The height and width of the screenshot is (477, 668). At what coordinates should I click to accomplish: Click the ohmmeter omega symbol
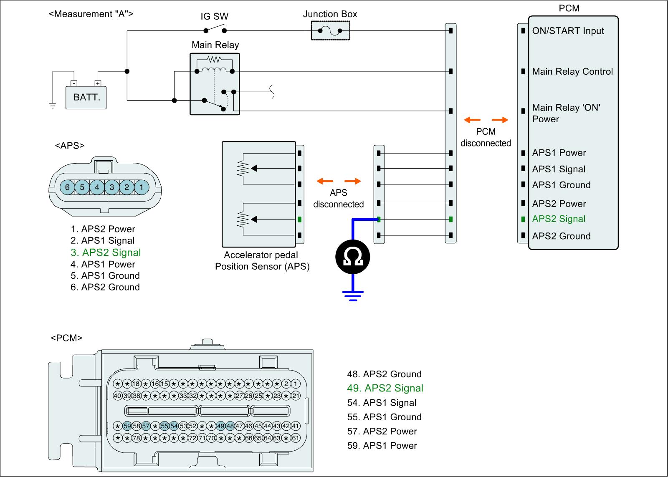[353, 257]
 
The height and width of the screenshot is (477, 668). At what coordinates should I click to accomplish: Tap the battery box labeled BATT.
[86, 97]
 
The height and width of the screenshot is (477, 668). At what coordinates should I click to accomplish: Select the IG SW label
[215, 16]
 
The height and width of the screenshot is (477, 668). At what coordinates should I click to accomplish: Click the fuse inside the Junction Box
[330, 30]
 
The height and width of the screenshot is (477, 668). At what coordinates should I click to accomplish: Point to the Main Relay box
[215, 83]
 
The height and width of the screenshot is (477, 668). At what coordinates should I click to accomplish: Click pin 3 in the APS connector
[112, 187]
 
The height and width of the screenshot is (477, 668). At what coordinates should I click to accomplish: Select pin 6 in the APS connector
[67, 187]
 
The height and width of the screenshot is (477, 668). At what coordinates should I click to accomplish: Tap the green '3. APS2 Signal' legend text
[106, 252]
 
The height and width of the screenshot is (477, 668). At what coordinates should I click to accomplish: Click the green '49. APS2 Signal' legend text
[385, 388]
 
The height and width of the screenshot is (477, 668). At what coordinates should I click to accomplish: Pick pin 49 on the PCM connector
[221, 426]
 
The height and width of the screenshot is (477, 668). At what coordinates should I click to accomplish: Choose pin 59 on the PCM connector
[127, 426]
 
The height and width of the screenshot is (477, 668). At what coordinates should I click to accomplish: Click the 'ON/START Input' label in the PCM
[568, 31]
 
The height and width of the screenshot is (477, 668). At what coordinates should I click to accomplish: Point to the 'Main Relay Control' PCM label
[572, 71]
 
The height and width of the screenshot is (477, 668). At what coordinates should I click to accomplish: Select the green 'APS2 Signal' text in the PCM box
[559, 219]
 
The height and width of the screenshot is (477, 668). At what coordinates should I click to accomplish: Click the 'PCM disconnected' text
[486, 137]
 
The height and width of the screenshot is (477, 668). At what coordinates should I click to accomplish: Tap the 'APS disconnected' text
[339, 199]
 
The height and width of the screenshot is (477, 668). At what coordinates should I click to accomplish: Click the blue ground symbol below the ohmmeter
[353, 295]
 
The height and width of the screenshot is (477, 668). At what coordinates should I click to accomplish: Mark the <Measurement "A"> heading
[91, 14]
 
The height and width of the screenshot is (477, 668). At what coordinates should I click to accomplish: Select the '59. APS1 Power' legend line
[382, 446]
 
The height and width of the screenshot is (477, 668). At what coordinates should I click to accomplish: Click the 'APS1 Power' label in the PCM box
[559, 153]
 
